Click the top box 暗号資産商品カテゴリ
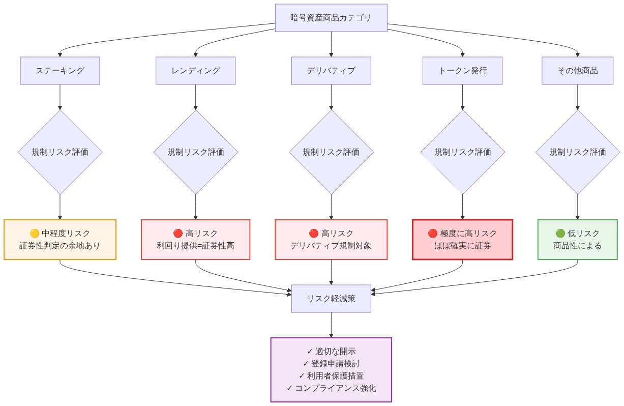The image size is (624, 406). click(331, 18)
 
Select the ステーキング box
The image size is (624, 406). click(60, 70)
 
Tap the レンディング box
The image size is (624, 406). click(195, 70)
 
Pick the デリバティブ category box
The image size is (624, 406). click(331, 70)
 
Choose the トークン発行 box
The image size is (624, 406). click(462, 70)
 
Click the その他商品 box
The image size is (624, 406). click(577, 70)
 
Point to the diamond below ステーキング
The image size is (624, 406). click(60, 152)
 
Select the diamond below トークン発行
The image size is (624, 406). click(462, 152)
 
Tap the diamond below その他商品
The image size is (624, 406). click(577, 152)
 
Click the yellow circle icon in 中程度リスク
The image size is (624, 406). click(35, 234)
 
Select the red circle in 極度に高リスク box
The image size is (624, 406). click(433, 234)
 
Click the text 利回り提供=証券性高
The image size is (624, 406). click(195, 246)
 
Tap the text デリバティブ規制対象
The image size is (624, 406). click(331, 246)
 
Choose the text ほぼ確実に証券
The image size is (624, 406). click(462, 246)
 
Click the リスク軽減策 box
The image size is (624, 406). click(331, 299)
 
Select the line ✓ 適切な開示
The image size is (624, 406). click(331, 351)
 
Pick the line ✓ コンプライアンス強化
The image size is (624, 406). click(331, 388)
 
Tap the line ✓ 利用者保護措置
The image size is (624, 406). click(331, 375)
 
